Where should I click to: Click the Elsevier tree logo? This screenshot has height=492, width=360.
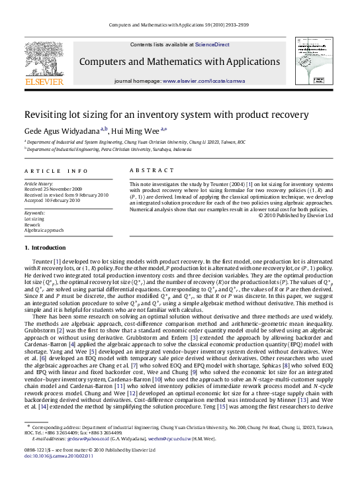coord(44,62)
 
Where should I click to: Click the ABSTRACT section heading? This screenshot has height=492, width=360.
coord(146,170)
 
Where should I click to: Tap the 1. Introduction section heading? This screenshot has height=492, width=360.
coord(45,248)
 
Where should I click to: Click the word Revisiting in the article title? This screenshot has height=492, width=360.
coord(46,114)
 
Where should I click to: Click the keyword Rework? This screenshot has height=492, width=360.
coord(32,224)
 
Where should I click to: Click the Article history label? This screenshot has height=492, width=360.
coord(39,183)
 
